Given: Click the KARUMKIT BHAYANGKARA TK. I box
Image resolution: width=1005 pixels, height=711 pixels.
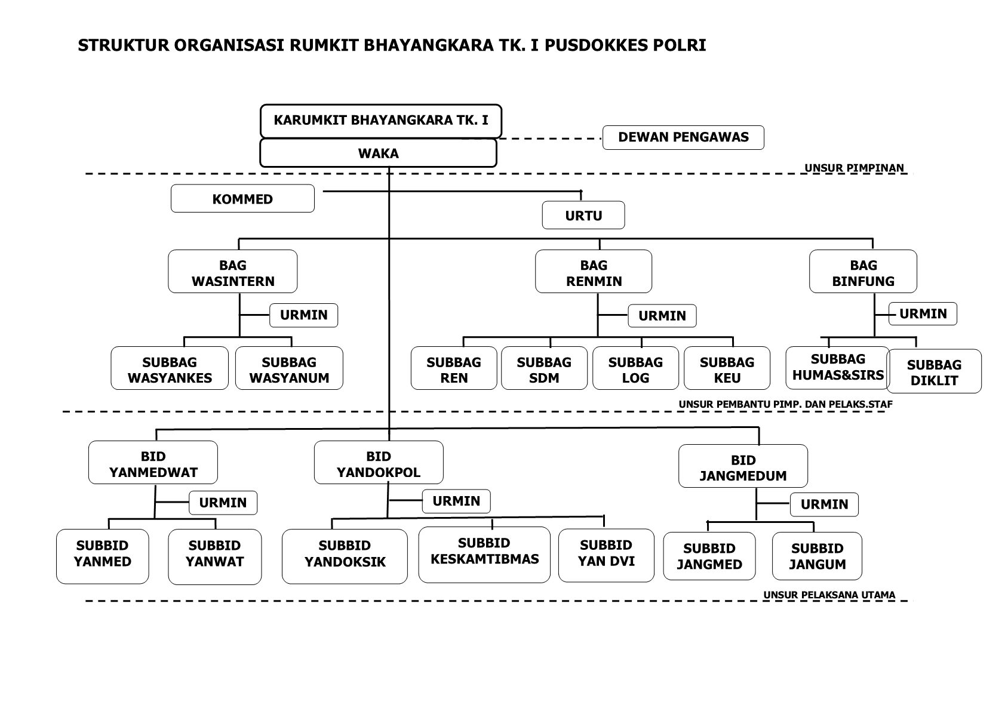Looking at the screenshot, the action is coord(380,121).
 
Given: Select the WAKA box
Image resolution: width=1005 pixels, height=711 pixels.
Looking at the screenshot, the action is coord(378,153).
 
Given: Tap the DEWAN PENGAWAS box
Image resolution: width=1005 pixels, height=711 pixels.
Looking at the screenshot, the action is coord(683,137).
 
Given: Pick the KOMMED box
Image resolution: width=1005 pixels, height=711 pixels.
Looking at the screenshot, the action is coord(242,198).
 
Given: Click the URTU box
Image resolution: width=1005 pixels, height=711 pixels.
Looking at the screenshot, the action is coord(583,215).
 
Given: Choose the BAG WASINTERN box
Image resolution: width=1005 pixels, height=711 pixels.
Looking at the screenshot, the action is coord(233,272).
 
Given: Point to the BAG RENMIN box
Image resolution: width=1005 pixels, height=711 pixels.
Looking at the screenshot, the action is coord(594,272).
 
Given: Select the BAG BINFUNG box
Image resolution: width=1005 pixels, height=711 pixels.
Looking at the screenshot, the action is coord(863,272).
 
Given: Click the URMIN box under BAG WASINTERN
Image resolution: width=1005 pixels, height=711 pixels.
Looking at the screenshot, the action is coord(304,315).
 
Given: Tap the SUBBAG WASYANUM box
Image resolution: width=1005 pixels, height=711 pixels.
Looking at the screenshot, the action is coord(290,368).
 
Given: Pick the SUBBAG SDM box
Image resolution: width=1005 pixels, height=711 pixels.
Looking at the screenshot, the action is coord(544,368).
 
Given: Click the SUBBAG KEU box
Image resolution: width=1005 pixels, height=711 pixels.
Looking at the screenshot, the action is coord(727,368).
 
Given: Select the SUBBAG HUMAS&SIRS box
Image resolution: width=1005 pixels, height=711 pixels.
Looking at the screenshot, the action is coord(838,367).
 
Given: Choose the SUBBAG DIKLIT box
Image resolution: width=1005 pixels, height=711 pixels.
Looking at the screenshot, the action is coord(934,371).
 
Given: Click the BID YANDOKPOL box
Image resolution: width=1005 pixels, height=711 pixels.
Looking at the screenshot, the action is coord(379,462).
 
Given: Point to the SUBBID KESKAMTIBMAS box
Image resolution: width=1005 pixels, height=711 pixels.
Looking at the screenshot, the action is coord(484,555).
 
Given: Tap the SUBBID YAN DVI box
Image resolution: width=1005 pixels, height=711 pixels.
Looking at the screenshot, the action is coord(606,555).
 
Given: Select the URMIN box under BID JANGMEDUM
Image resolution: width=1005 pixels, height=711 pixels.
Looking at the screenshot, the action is coord(824,504).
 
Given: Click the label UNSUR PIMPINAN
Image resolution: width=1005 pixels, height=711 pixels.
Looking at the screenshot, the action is coord(855,168).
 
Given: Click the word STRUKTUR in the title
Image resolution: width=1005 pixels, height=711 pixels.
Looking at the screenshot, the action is coord(124,45).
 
